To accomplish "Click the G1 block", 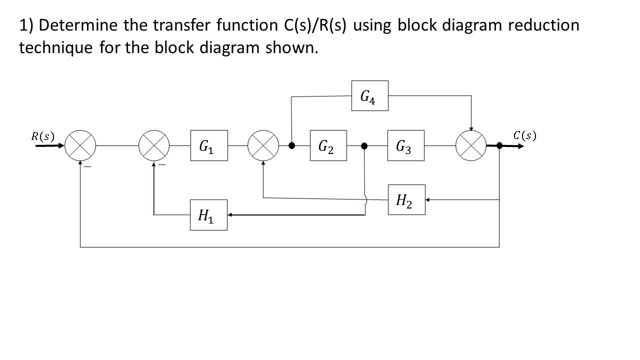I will pyautogui.click(x=209, y=145).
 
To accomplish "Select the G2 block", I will pyautogui.click(x=328, y=145).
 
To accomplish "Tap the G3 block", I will pyautogui.click(x=405, y=145).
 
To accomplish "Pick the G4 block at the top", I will pyautogui.click(x=369, y=96).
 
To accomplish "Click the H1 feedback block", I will pyautogui.click(x=208, y=215).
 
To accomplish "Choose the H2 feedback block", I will pyautogui.click(x=406, y=199).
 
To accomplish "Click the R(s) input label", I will pyautogui.click(x=43, y=136).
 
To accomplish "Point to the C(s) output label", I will pyautogui.click(x=524, y=135).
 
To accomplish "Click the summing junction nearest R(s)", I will pyautogui.click(x=80, y=145).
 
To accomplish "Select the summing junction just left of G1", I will pyautogui.click(x=154, y=145).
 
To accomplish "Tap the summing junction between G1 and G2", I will pyautogui.click(x=263, y=145).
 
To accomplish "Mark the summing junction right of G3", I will pyautogui.click(x=470, y=145).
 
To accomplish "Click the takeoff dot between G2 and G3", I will pyautogui.click(x=364, y=145).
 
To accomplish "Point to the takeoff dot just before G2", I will pyautogui.click(x=292, y=145).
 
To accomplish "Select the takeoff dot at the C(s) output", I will pyautogui.click(x=499, y=145).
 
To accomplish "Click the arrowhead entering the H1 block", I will pyautogui.click(x=231, y=215).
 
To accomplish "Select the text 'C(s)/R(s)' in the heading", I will pyautogui.click(x=313, y=25).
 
